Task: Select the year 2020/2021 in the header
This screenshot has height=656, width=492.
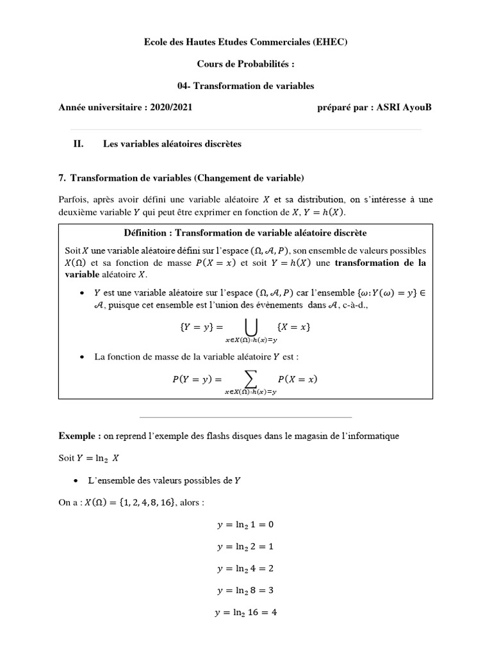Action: (x=172, y=107)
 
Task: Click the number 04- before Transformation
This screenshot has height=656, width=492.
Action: (x=184, y=85)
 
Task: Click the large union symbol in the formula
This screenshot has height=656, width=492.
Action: (x=251, y=327)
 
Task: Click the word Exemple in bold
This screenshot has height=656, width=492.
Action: (x=78, y=436)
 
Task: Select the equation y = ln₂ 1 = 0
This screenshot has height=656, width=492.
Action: (x=245, y=525)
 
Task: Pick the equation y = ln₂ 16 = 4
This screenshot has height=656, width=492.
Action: (x=245, y=612)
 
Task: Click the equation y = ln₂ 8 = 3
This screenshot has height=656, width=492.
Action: (x=245, y=590)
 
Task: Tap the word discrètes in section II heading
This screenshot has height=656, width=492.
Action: (x=220, y=143)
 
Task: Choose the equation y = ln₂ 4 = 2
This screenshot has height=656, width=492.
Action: (x=245, y=568)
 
